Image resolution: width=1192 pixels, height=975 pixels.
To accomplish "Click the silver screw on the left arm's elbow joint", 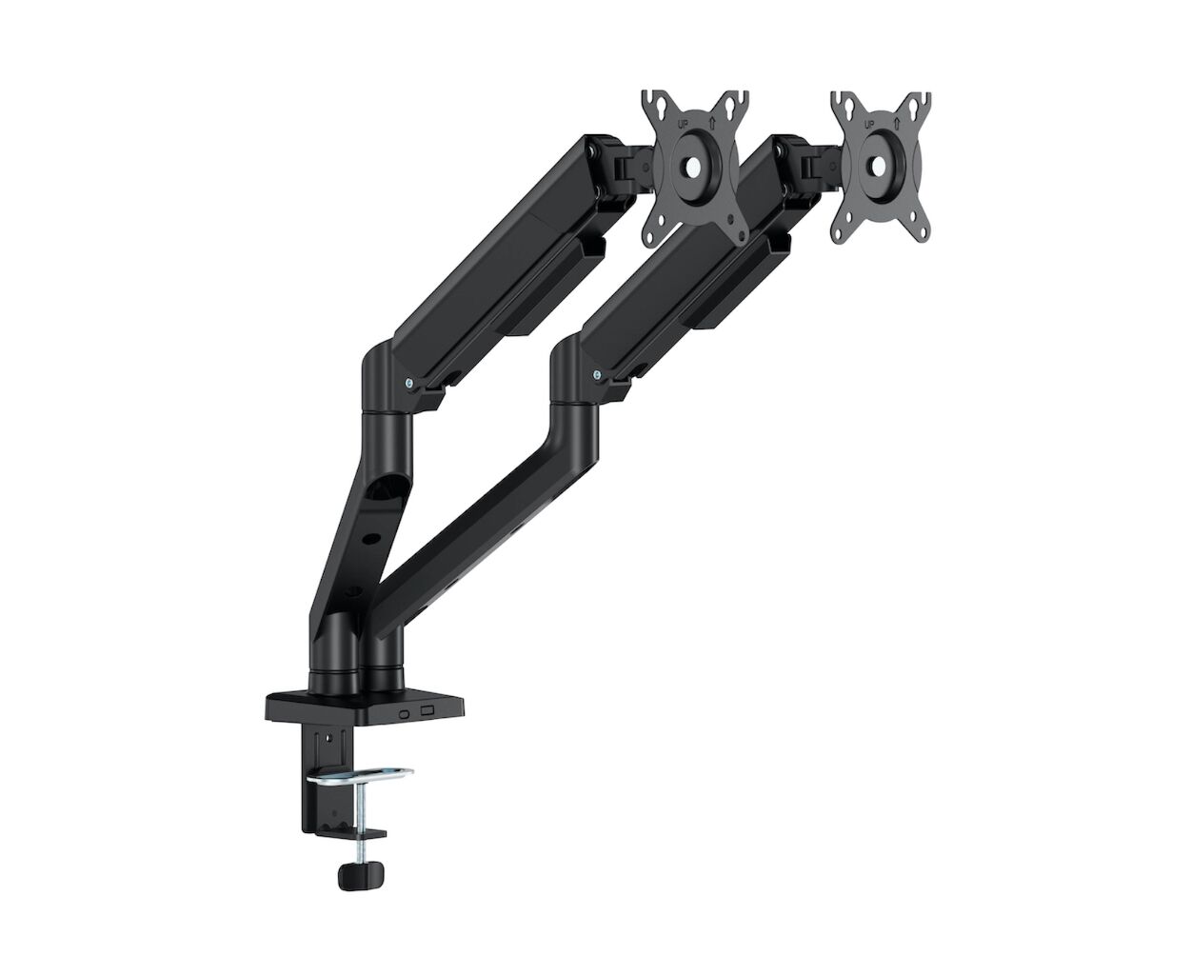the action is click(x=408, y=383).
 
